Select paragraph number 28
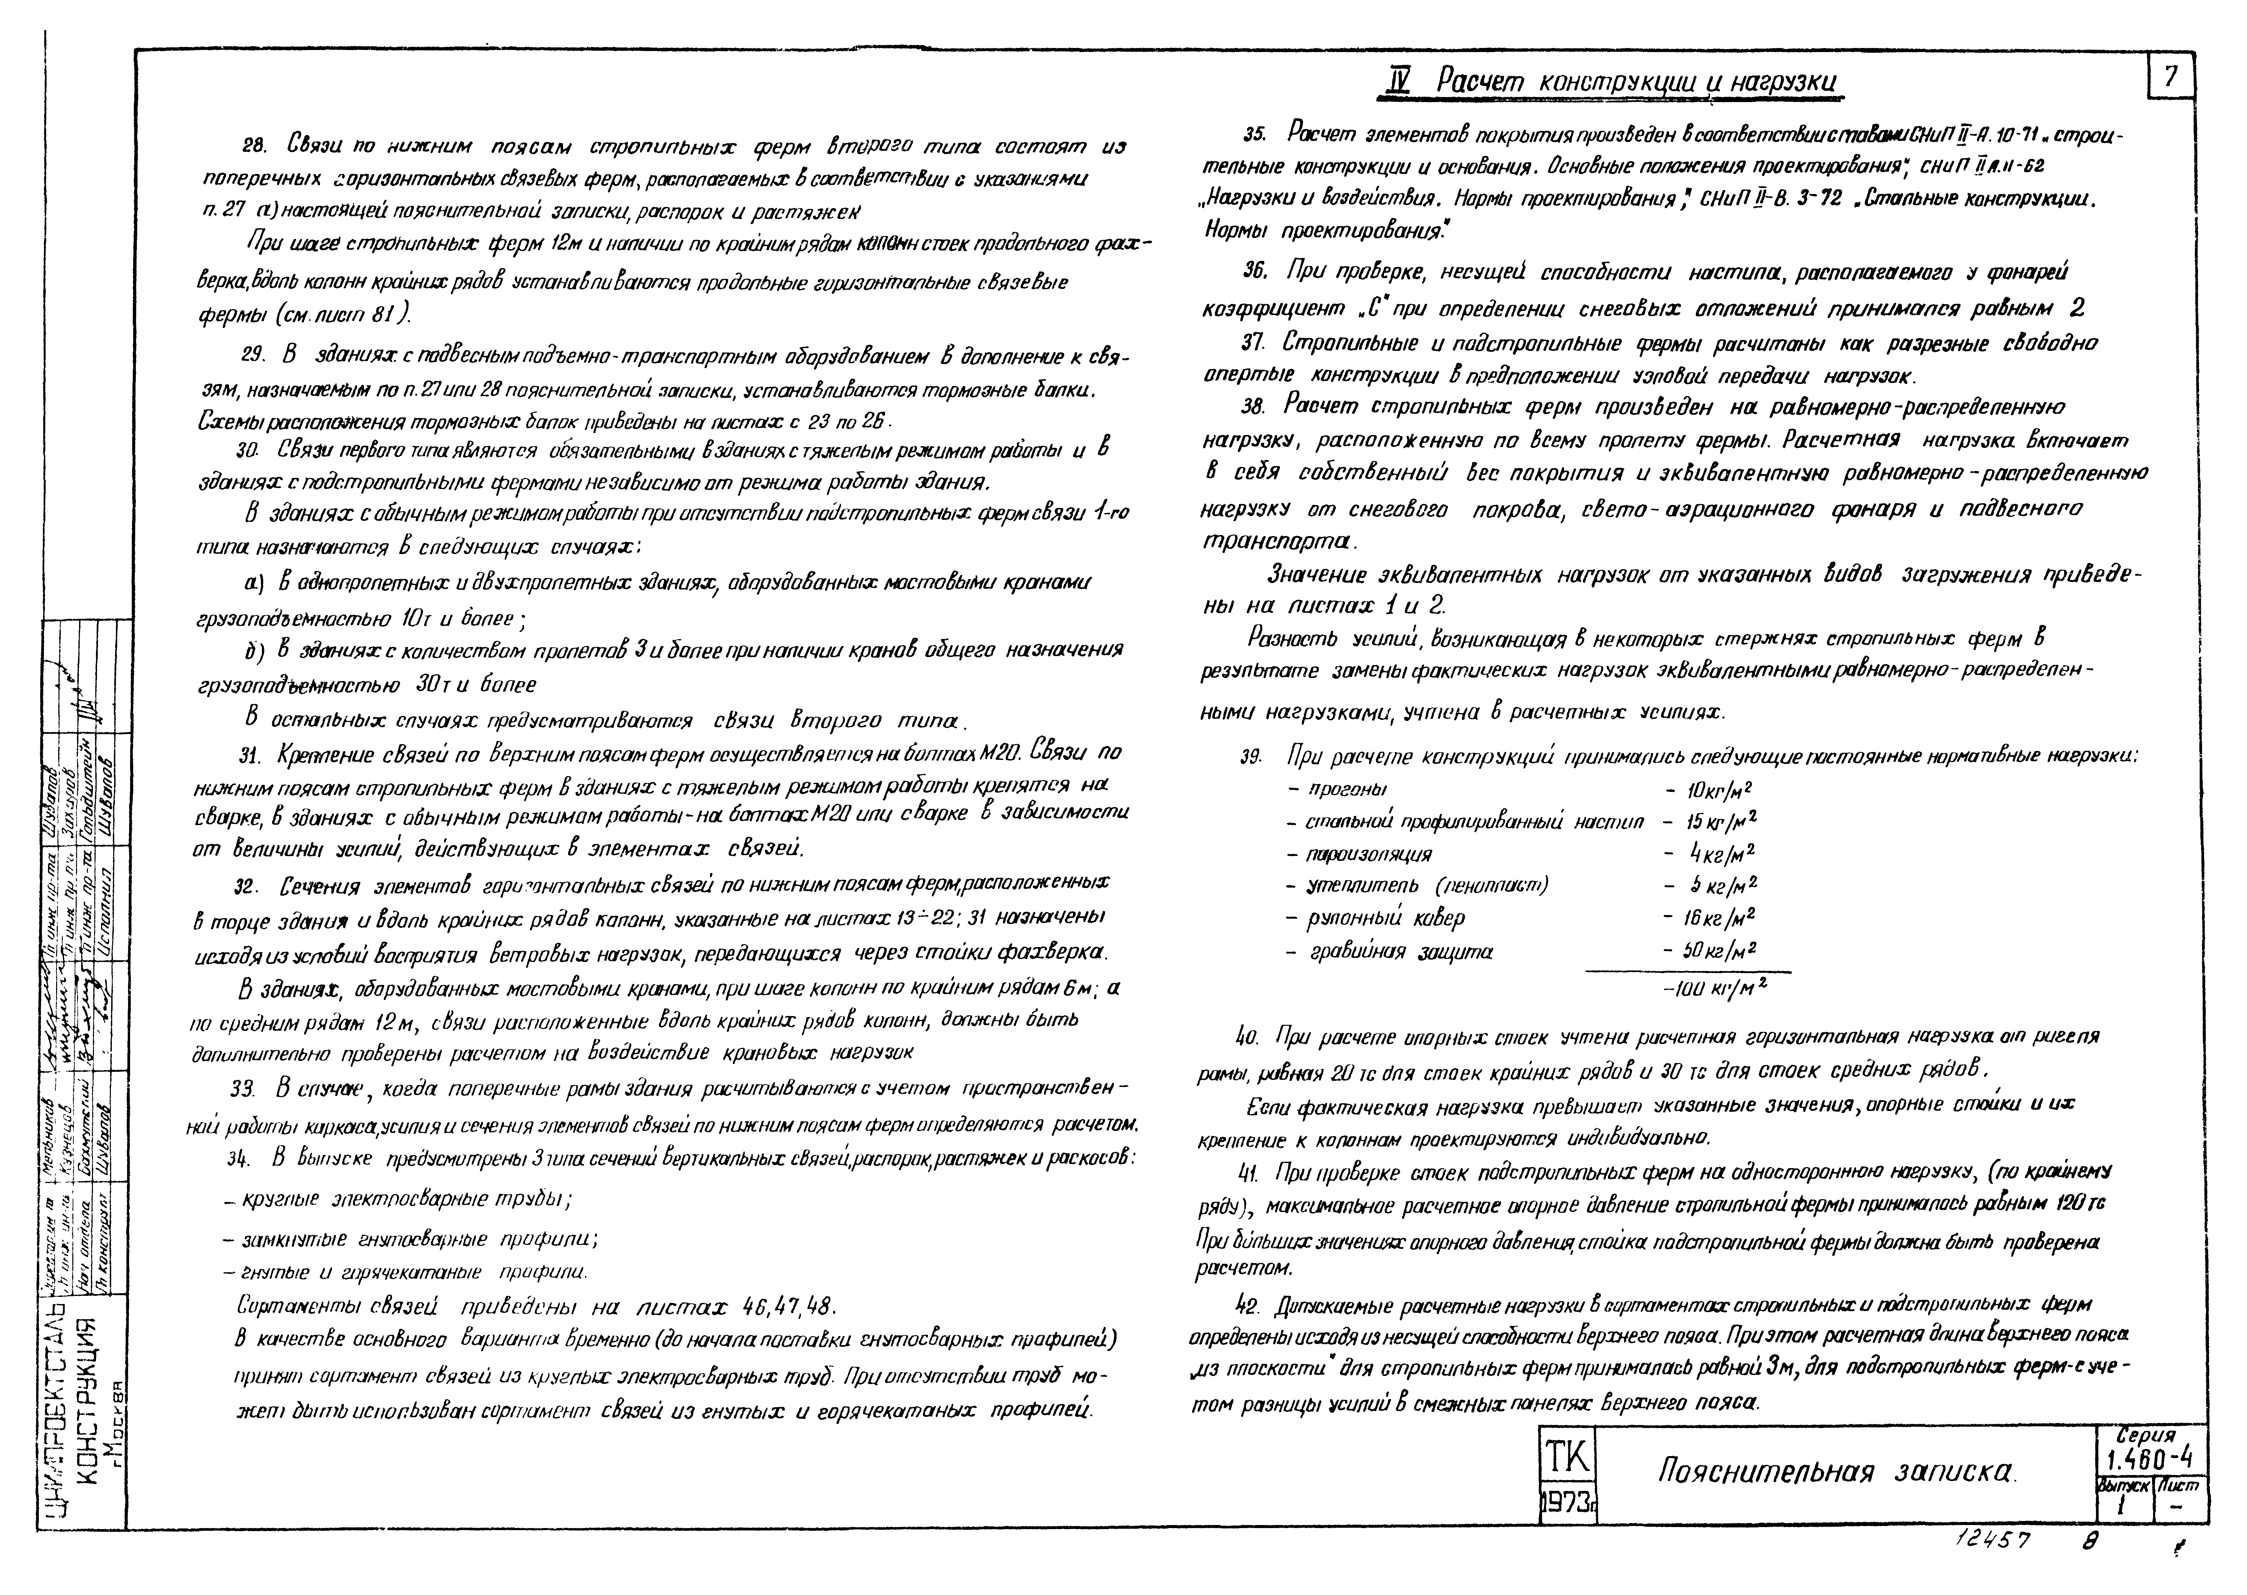click(x=254, y=146)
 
